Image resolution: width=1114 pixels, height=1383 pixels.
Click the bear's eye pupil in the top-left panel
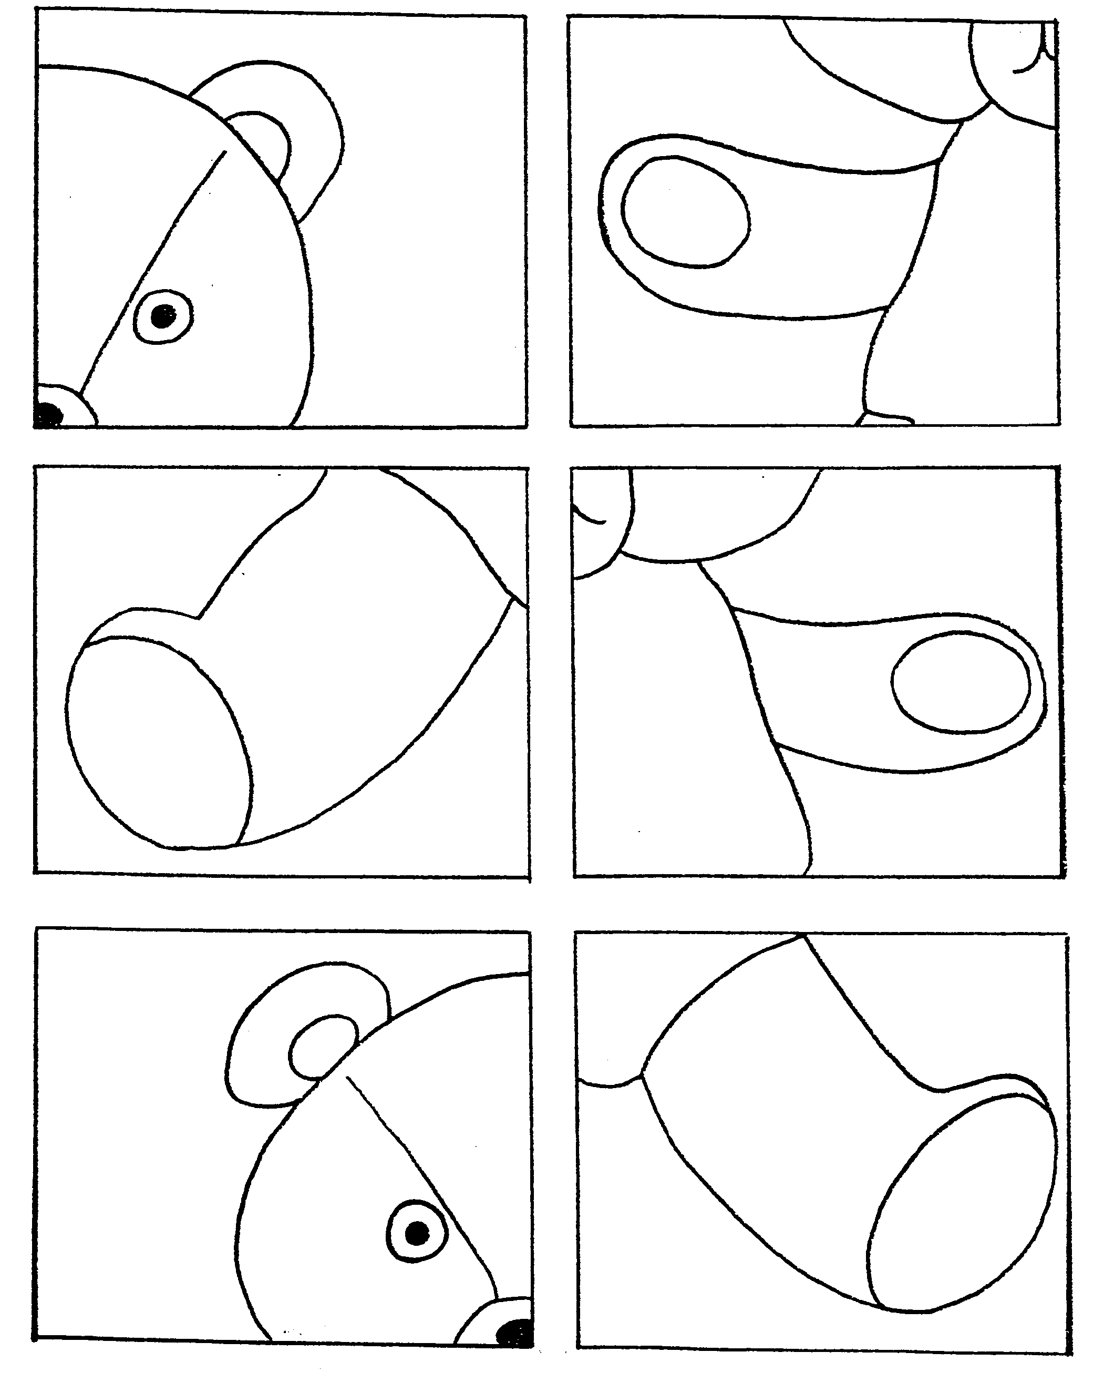163,316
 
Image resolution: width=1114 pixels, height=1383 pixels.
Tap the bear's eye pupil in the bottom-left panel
417,1232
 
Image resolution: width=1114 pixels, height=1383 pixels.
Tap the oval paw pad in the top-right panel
685,211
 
